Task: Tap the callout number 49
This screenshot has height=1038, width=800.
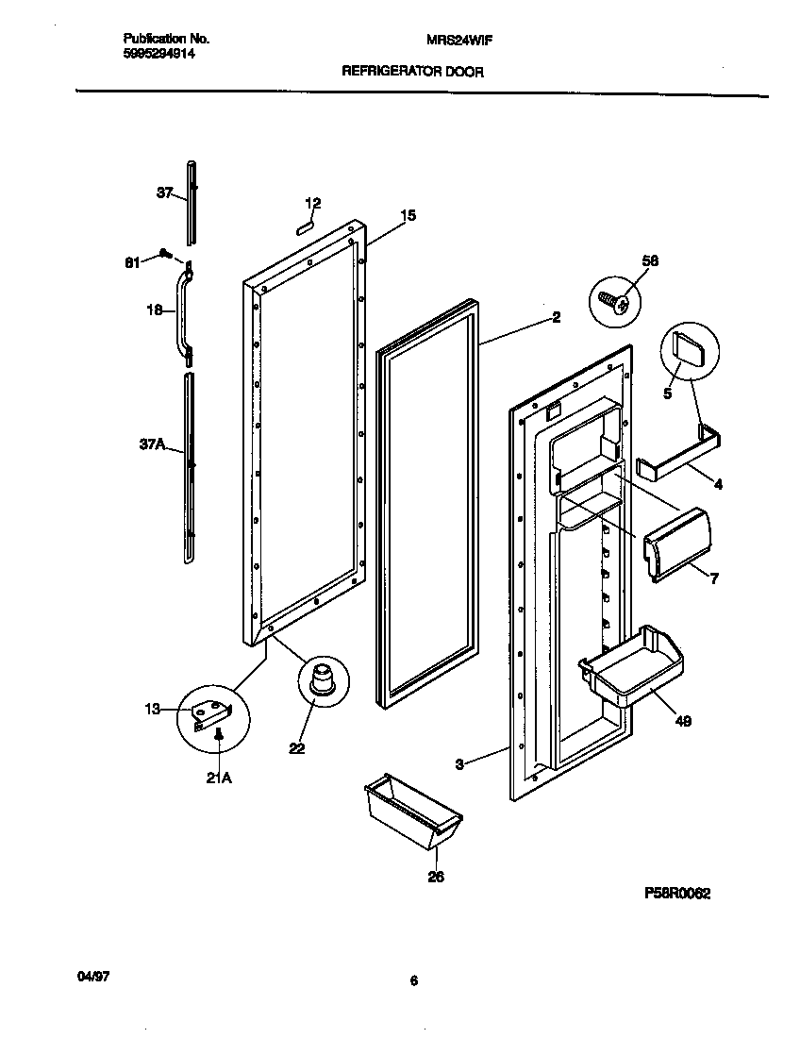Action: click(x=683, y=722)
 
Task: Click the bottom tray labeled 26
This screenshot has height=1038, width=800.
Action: click(x=412, y=811)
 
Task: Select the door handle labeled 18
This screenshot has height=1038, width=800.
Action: click(x=181, y=311)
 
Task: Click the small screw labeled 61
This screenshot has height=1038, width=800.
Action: click(x=165, y=253)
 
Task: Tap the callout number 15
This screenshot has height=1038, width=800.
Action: click(x=408, y=216)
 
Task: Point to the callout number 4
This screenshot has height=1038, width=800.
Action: click(x=718, y=485)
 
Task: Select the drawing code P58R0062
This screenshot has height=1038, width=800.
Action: click(x=677, y=893)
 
